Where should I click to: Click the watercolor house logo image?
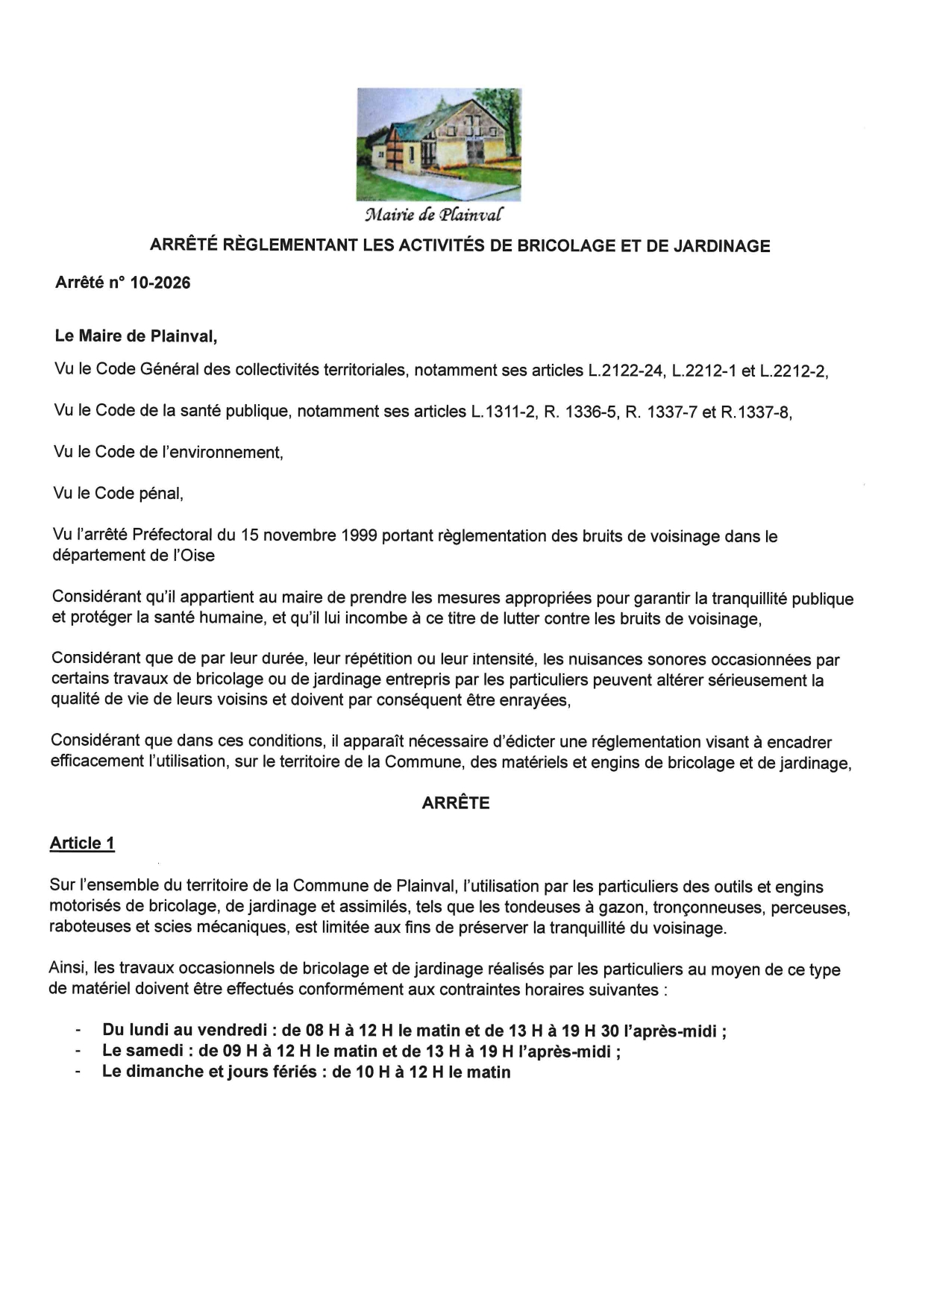[439, 144]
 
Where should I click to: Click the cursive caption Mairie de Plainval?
[433, 215]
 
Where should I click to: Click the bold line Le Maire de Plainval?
[136, 336]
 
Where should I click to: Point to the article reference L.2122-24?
[627, 370]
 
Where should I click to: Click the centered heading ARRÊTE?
[456, 802]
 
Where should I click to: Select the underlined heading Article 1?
[82, 843]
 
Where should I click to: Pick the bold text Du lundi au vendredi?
[184, 1031]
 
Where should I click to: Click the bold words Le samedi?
[142, 1051]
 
